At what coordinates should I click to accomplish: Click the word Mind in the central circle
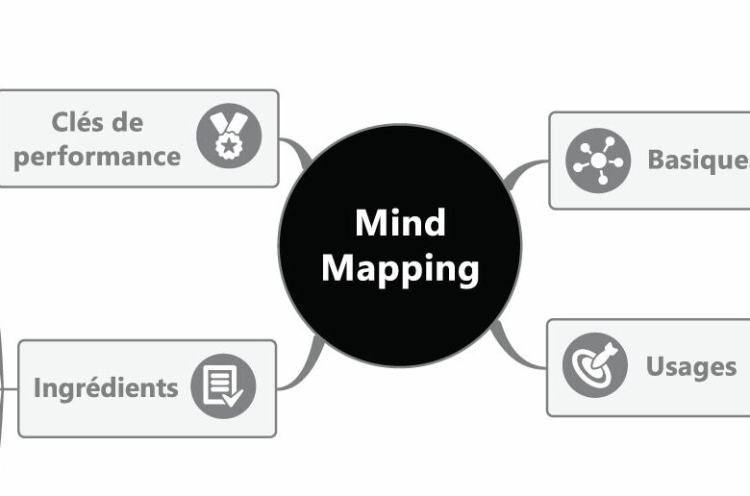click(400, 223)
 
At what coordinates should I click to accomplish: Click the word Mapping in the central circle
click(400, 268)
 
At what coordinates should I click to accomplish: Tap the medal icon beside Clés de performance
click(229, 136)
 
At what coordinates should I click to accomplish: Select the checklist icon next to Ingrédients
click(223, 387)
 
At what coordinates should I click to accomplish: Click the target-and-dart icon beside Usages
click(594, 366)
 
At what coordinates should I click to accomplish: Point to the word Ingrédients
click(106, 387)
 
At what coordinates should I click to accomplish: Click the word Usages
click(691, 366)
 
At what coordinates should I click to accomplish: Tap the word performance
click(97, 156)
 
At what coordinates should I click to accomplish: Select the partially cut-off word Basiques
click(697, 160)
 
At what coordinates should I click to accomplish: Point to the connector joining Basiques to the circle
click(524, 173)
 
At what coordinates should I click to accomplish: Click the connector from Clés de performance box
click(296, 152)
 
